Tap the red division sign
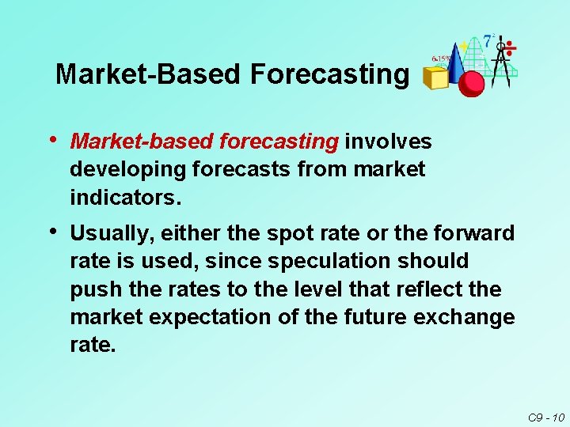point(511,48)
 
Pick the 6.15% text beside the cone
point(441,58)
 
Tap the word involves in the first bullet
point(388,142)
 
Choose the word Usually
point(109,233)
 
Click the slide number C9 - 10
point(545,416)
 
